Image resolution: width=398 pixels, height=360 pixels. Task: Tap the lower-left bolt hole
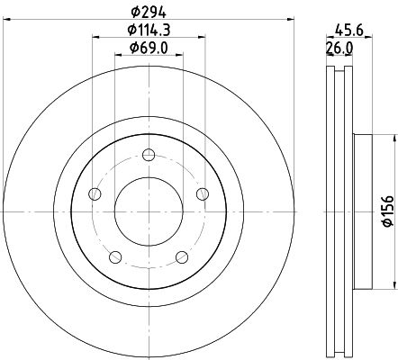[x=115, y=256]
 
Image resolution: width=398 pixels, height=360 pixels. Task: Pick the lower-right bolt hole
[x=183, y=256]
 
